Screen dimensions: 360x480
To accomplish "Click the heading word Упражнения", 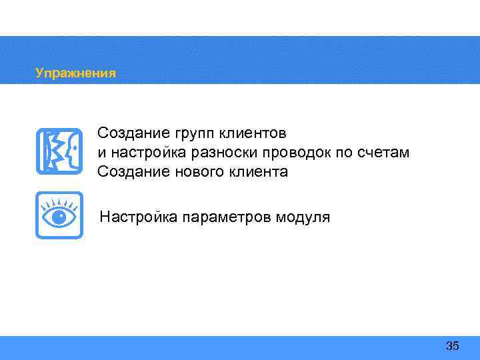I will click(75, 73).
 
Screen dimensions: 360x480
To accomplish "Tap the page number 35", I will click(452, 345).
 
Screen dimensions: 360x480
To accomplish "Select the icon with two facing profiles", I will click(59, 151).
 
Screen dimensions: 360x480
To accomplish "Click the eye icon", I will click(59, 215).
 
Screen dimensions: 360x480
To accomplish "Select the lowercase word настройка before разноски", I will click(141, 153).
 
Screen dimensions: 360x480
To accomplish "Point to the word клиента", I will click(257, 172).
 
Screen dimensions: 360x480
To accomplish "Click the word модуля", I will click(303, 217).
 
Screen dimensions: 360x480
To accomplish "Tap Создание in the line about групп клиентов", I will click(127, 133).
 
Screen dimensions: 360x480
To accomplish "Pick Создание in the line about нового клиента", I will click(127, 172).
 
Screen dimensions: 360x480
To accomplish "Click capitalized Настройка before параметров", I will click(137, 217).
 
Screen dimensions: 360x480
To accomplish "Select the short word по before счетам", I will click(342, 153).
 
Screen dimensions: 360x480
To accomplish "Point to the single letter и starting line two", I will click(101, 153).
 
